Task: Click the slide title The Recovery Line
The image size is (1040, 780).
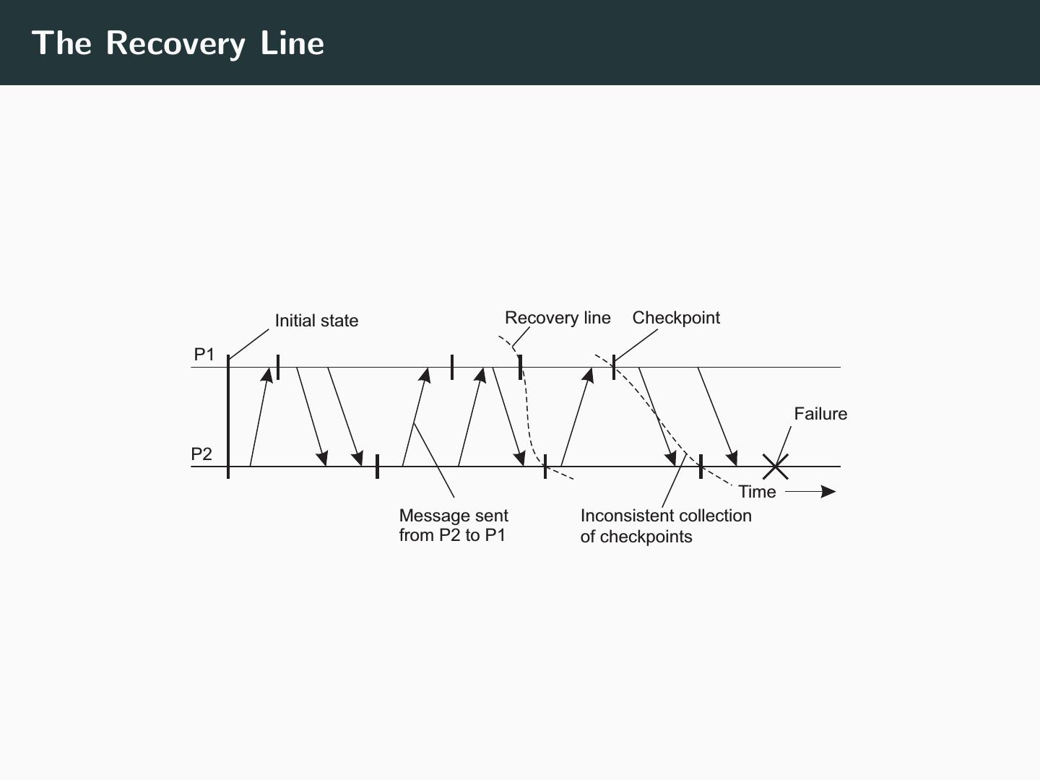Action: pyautogui.click(x=178, y=43)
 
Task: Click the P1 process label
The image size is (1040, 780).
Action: pyautogui.click(x=204, y=355)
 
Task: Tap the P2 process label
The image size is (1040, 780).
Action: pyautogui.click(x=201, y=454)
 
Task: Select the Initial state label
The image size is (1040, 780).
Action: pyautogui.click(x=316, y=321)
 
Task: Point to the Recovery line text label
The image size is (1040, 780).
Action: pyautogui.click(x=558, y=318)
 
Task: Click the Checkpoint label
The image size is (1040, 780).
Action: pyautogui.click(x=676, y=318)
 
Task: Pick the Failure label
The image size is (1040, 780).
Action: pyautogui.click(x=820, y=414)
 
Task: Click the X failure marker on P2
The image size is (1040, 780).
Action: pyautogui.click(x=776, y=467)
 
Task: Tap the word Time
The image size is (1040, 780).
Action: pyautogui.click(x=757, y=492)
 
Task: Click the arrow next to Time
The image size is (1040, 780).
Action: pyautogui.click(x=810, y=492)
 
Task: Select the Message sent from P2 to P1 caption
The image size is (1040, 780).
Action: pyautogui.click(x=454, y=525)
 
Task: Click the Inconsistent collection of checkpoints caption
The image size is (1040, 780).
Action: pyautogui.click(x=666, y=526)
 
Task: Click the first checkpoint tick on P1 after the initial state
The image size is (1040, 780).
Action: pyautogui.click(x=278, y=367)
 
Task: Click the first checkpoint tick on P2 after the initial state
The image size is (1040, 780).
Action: pyautogui.click(x=377, y=467)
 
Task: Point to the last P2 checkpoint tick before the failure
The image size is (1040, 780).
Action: pyautogui.click(x=701, y=467)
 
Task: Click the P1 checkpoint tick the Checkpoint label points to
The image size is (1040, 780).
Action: pyautogui.click(x=614, y=367)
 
